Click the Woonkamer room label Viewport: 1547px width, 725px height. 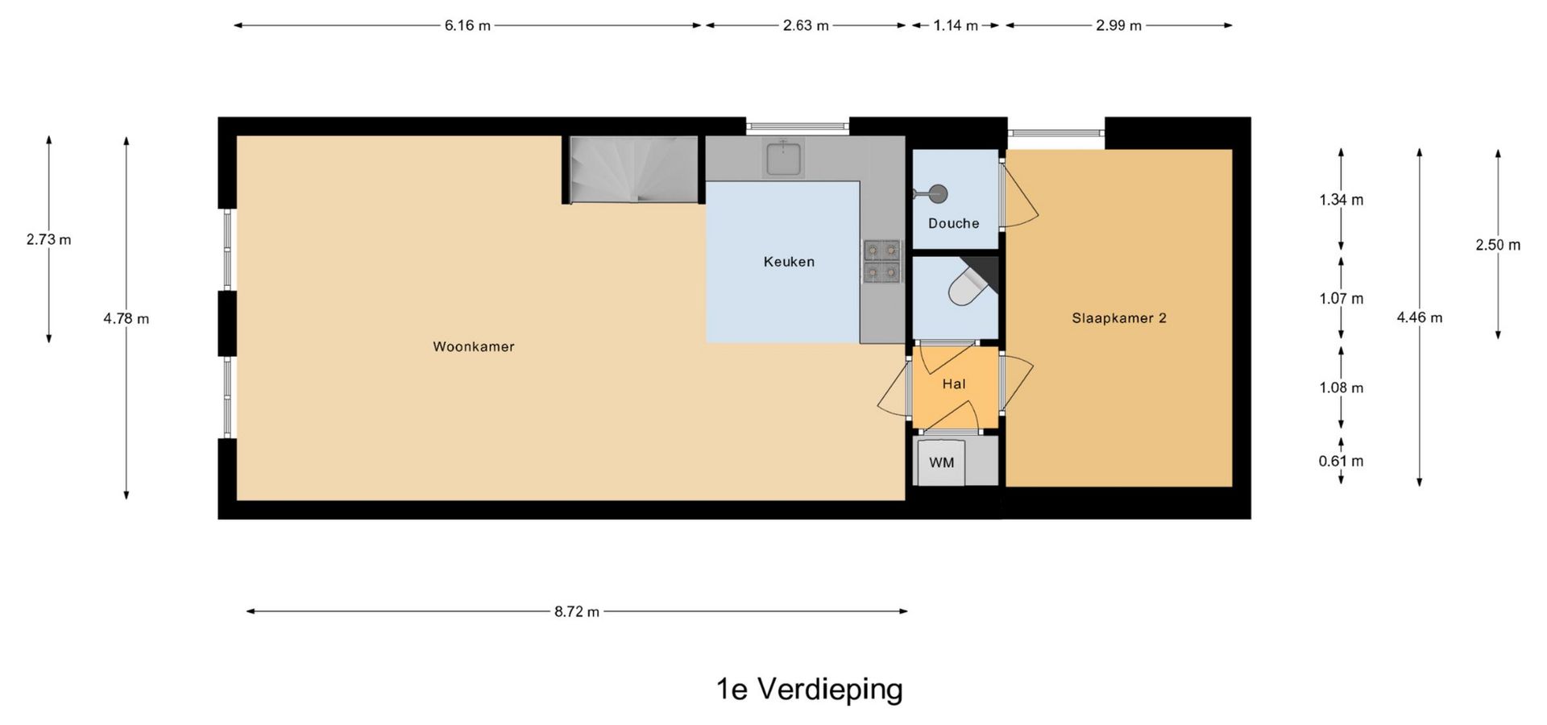474,347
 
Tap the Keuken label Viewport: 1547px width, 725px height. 789,262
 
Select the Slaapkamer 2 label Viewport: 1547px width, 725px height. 1119,318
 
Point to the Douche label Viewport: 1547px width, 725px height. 954,223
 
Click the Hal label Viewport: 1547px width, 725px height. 954,384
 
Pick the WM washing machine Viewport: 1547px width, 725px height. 941,462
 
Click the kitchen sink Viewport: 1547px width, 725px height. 783,158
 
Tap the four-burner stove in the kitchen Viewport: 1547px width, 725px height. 881,262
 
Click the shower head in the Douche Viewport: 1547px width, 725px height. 936,193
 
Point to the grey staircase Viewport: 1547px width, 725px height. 633,169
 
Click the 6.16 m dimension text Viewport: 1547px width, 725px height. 467,26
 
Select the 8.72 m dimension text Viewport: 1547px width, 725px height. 577,611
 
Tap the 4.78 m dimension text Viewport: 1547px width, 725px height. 126,318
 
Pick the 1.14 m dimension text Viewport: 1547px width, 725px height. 956,26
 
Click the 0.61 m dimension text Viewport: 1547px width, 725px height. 1342,462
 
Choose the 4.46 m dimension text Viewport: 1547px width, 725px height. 1420,318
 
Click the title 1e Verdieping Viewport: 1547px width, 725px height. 810,690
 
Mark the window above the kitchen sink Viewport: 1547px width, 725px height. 798,126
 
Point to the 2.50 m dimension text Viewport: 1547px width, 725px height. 1498,245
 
